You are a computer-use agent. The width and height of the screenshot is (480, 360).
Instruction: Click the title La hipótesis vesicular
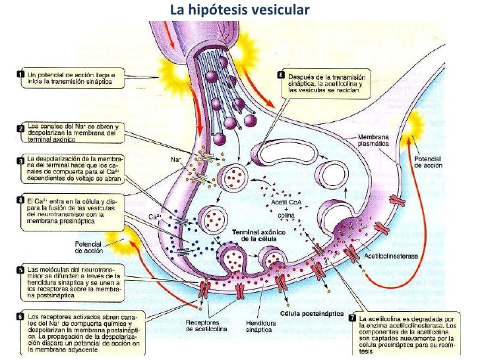(239, 11)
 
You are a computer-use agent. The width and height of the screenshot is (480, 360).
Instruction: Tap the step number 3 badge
(20, 160)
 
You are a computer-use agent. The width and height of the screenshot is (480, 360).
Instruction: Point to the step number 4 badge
(20, 198)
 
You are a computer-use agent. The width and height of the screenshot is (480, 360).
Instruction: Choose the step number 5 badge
(20, 269)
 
